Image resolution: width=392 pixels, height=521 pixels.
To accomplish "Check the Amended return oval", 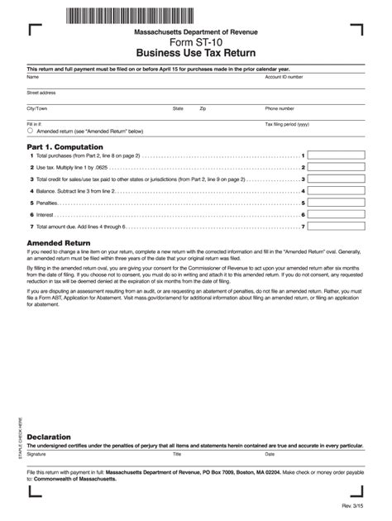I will (x=31, y=131).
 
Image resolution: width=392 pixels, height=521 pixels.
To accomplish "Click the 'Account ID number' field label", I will (x=283, y=76).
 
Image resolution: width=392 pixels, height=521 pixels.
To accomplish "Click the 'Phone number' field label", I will (x=280, y=108).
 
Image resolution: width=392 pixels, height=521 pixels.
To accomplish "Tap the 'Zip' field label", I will (x=203, y=108).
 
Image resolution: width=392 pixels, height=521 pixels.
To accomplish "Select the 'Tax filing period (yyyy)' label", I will (x=286, y=124).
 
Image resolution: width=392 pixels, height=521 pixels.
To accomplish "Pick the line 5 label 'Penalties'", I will (x=46, y=203).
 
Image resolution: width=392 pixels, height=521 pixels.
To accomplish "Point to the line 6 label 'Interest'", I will (x=45, y=214).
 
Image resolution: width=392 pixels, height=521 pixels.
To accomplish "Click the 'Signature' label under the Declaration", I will (x=36, y=454).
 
